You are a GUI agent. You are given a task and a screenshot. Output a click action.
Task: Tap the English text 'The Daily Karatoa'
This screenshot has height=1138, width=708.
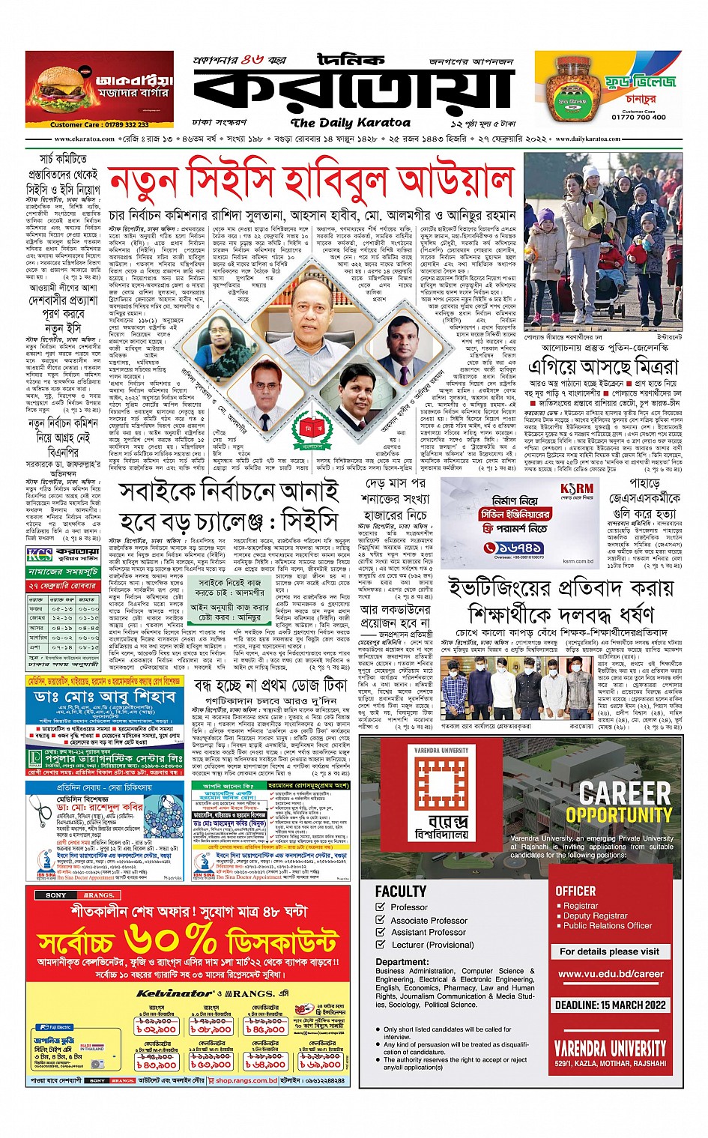tap(351, 122)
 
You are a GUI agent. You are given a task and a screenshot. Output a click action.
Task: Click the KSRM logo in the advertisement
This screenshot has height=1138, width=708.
tap(576, 488)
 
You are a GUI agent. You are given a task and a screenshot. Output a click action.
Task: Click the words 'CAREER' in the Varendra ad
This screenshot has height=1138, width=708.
tap(626, 793)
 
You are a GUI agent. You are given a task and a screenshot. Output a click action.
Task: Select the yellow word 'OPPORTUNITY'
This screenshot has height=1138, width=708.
tap(619, 815)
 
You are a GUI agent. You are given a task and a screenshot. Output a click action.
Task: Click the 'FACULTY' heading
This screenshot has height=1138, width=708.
tap(401, 891)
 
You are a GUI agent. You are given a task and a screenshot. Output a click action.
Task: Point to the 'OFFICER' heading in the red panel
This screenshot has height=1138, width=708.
tap(575, 891)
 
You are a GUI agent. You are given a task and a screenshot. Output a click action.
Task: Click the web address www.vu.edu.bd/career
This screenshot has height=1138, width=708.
tap(611, 974)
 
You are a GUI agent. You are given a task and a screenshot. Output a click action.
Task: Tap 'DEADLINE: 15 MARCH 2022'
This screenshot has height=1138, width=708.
tap(611, 1005)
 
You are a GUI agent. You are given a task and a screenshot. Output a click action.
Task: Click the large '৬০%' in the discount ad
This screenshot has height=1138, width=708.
tap(171, 939)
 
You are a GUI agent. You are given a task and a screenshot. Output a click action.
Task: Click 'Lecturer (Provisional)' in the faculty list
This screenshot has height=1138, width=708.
tap(432, 945)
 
